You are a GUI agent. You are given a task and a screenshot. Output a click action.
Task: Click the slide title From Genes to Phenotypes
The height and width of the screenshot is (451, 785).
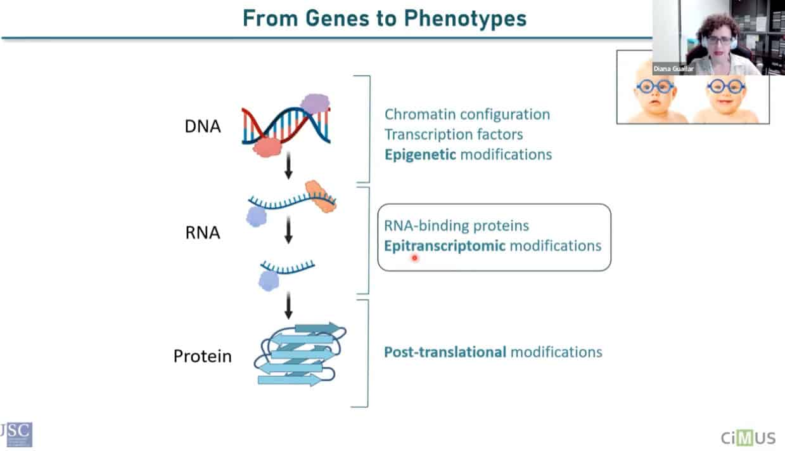point(385,18)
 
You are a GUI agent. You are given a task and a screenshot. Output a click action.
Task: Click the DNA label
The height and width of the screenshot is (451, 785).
point(203,126)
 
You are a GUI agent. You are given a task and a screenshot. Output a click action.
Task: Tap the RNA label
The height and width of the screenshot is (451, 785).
point(203,233)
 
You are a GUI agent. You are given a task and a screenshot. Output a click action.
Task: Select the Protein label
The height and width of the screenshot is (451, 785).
point(203,356)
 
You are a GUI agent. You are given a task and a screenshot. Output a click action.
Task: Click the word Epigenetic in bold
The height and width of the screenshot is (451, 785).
point(420,154)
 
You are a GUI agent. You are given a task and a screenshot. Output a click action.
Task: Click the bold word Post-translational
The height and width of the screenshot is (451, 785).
point(445,351)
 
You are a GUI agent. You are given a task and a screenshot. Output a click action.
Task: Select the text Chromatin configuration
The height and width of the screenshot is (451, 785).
point(467,114)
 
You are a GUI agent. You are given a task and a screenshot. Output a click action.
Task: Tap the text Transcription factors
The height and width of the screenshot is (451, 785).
point(454,134)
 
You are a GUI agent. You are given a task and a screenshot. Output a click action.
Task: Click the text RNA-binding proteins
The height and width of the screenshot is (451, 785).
point(456,226)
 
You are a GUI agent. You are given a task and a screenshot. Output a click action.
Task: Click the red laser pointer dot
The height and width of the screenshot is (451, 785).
point(415,258)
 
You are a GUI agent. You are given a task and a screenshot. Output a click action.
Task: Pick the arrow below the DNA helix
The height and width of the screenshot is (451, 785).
point(289,166)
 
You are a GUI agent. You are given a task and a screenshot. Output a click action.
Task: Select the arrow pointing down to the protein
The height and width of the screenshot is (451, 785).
point(289,307)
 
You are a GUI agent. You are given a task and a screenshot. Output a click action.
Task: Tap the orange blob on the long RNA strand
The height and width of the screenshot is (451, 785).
point(320,195)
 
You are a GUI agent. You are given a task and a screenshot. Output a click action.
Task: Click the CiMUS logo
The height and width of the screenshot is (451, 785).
point(748,437)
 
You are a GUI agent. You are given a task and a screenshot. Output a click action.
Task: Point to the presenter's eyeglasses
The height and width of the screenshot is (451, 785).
point(718,40)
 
